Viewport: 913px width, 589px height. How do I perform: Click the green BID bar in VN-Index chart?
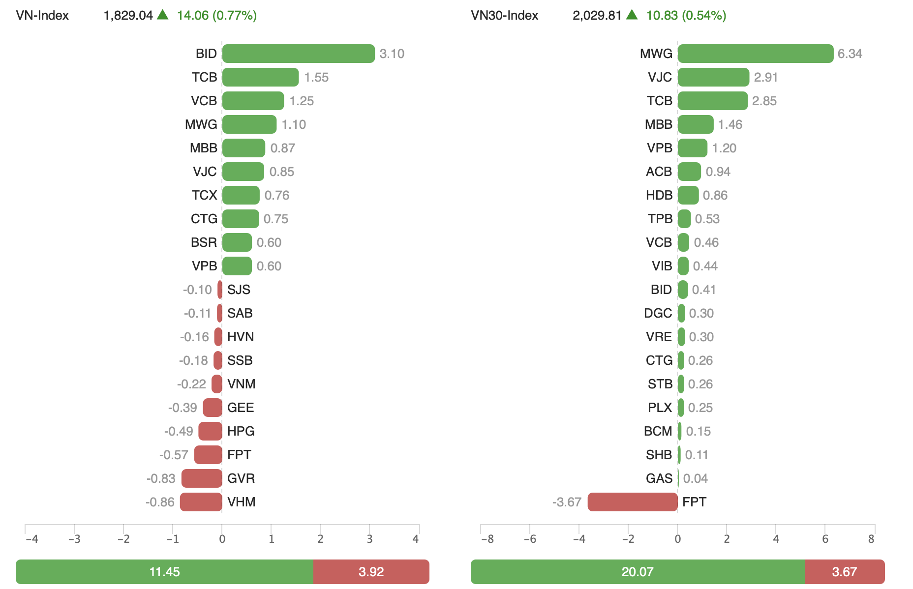pos(298,54)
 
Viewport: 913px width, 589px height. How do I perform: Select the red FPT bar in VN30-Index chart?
pos(633,502)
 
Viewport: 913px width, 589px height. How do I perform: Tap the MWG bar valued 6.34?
pos(755,54)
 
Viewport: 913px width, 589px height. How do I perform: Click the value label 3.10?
pos(392,54)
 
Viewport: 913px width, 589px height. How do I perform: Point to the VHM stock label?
pos(241,502)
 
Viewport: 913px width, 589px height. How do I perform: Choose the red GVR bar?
pos(202,478)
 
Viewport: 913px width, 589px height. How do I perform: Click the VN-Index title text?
pos(42,15)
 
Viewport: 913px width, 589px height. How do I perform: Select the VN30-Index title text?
pos(504,15)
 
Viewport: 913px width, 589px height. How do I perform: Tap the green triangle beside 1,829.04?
pos(163,15)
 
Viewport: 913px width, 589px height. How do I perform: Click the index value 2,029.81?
pos(597,15)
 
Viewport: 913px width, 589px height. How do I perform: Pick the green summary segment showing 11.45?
pos(164,572)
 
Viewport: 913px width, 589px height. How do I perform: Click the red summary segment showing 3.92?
pos(371,572)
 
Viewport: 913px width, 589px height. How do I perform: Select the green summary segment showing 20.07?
pos(637,572)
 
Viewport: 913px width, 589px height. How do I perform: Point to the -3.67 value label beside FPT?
pos(567,502)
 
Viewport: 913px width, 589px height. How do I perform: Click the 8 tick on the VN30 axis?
pos(871,539)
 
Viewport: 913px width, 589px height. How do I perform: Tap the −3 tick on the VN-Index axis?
pos(74,539)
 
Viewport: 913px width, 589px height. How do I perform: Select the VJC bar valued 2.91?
pos(713,77)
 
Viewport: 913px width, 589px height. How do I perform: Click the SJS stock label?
pos(239,290)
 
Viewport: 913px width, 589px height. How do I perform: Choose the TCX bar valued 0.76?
pos(241,195)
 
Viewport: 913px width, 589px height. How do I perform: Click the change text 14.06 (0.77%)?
pos(216,15)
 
